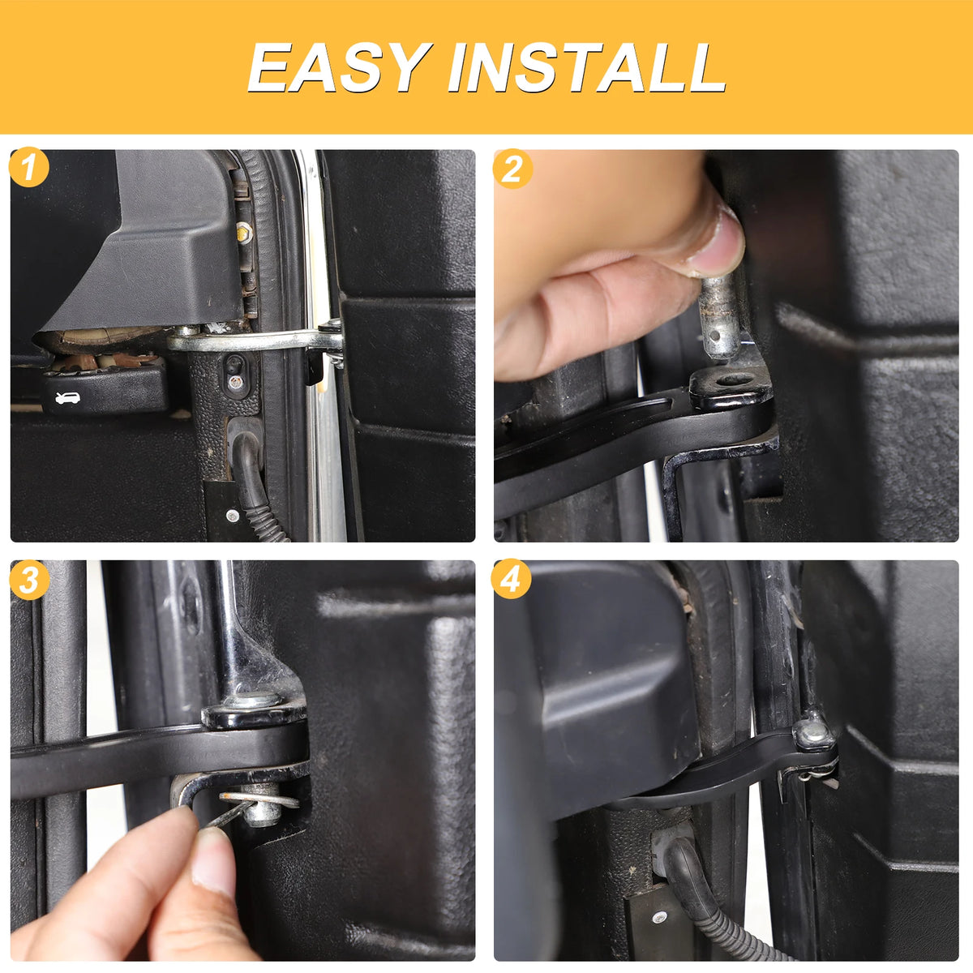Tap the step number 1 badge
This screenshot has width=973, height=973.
(28, 168)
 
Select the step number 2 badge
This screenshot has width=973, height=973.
(512, 169)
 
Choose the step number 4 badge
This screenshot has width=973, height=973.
(511, 579)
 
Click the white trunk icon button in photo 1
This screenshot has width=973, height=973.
(67, 398)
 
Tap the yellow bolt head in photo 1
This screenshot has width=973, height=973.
(244, 233)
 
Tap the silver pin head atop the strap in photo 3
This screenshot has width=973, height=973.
(251, 701)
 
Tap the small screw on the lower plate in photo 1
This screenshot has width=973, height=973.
(232, 516)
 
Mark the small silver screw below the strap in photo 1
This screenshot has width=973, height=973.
(234, 382)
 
